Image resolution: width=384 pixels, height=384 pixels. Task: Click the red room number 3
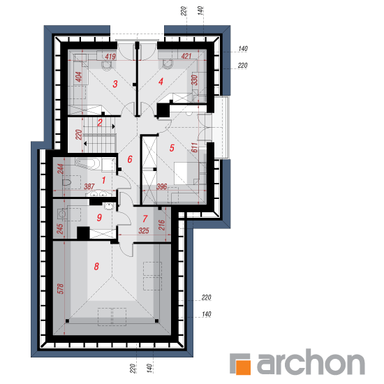(x=115, y=84)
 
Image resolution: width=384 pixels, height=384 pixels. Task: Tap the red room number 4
(x=161, y=82)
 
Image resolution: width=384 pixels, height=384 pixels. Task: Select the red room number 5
(x=172, y=148)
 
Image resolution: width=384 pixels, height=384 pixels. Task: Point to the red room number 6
(x=130, y=159)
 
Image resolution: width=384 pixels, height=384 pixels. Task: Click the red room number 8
(x=96, y=267)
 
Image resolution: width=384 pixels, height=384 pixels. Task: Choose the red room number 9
(x=99, y=217)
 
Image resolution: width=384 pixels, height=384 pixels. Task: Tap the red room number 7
(x=145, y=219)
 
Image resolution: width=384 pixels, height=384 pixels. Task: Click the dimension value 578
(x=60, y=289)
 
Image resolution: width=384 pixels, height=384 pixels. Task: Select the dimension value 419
(x=110, y=57)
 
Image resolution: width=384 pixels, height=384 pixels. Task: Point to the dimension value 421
(x=186, y=57)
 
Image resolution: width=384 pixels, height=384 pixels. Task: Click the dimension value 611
(x=195, y=147)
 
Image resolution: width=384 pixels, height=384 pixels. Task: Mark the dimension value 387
(x=89, y=186)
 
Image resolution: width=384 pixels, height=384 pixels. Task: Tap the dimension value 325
(x=144, y=230)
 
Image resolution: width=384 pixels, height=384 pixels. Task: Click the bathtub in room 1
(x=87, y=163)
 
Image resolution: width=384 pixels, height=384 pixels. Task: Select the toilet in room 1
(x=66, y=182)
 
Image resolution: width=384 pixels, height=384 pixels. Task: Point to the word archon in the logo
(x=311, y=362)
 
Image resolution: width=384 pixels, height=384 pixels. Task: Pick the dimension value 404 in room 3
(x=78, y=77)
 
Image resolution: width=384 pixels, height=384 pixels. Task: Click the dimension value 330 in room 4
(x=194, y=80)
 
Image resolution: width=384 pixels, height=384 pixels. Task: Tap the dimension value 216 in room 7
(x=162, y=225)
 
